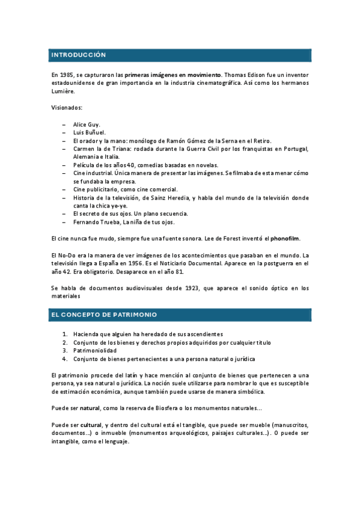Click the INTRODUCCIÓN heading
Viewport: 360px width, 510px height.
tap(79, 55)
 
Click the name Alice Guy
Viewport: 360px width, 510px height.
tap(87, 124)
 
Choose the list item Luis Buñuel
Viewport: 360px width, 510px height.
tap(90, 132)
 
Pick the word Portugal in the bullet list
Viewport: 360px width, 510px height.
tap(294, 149)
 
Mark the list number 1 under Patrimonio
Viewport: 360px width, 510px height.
tap(65, 334)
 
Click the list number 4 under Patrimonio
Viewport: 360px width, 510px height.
tap(65, 359)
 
